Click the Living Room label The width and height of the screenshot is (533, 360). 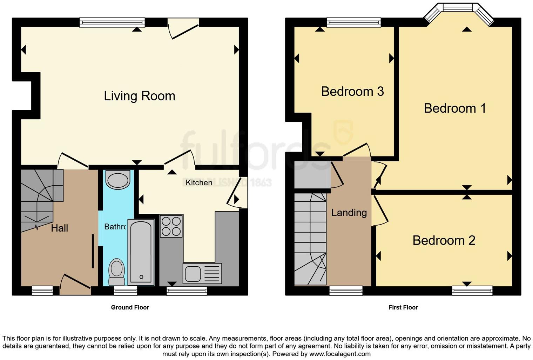point(139,96)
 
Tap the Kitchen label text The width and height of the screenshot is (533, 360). point(199,182)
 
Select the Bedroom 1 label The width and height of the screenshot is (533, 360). point(455,108)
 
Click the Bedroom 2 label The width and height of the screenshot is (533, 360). point(444,240)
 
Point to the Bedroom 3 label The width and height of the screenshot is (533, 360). point(352,91)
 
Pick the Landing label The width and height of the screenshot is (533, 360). point(349,213)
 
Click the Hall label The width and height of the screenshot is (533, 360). point(59,228)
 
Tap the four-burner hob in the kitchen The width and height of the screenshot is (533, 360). point(171,226)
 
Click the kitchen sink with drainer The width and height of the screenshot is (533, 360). point(202,273)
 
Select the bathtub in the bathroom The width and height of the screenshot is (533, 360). point(141,252)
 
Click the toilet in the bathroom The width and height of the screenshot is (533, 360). point(117,272)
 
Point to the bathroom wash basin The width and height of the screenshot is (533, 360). point(118,180)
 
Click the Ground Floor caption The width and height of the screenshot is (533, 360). point(130,307)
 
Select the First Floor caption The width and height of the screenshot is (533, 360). point(403,307)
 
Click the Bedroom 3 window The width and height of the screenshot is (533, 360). point(353,23)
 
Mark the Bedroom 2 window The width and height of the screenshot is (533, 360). point(472,291)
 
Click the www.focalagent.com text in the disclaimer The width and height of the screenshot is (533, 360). point(339,354)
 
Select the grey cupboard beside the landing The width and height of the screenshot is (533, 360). point(312,175)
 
